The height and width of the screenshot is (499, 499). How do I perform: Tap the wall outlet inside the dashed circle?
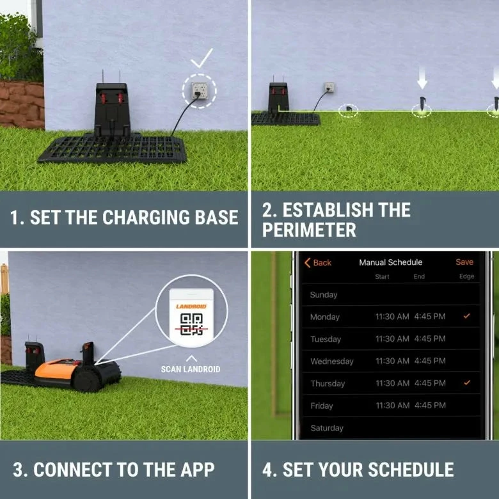(x=199, y=90)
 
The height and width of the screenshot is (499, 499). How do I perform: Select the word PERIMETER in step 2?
(x=309, y=230)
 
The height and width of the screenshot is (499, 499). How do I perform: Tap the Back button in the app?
(x=317, y=262)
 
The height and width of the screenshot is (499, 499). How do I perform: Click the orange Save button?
(x=464, y=262)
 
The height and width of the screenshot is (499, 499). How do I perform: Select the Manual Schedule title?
(x=390, y=262)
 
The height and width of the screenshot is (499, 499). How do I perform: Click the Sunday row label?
(x=324, y=295)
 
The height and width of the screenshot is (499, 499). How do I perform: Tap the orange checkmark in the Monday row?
(x=466, y=316)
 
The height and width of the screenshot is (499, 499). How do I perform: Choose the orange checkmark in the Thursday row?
(x=467, y=383)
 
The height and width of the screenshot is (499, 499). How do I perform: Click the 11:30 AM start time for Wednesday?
(x=392, y=361)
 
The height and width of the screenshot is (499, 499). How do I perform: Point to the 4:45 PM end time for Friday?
(x=430, y=405)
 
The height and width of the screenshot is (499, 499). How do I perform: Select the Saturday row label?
(x=327, y=428)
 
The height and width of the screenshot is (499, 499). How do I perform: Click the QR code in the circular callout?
(x=191, y=324)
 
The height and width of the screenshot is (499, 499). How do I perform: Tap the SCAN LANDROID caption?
(x=191, y=369)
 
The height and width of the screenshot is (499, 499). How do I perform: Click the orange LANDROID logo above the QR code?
(x=191, y=306)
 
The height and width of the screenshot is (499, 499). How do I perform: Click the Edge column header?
(x=466, y=276)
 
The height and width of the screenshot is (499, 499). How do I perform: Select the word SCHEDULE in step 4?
(x=411, y=470)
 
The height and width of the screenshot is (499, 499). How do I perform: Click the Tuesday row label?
(x=326, y=339)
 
